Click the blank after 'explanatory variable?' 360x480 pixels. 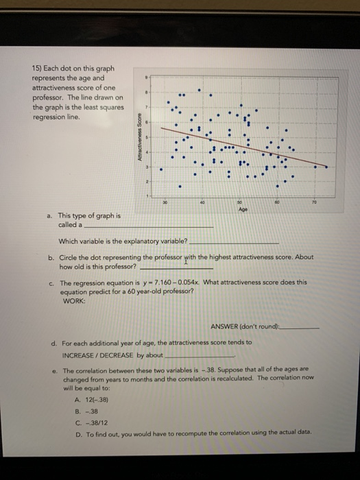pos(233,242)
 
